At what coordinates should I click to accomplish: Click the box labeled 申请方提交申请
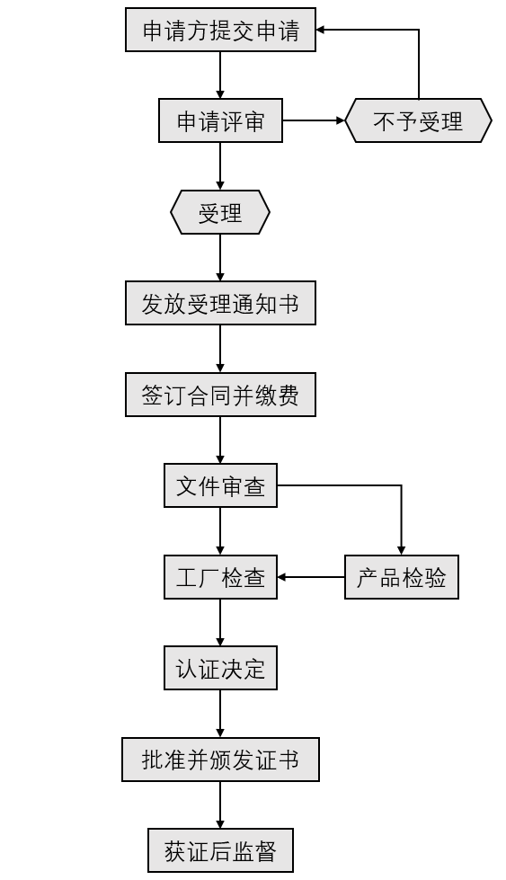tap(220, 30)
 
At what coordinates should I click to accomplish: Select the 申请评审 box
tap(220, 120)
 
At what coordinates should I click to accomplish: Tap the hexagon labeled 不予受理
tap(419, 120)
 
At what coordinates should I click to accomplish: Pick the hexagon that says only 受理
tap(220, 212)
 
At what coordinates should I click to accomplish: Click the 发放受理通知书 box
tap(220, 303)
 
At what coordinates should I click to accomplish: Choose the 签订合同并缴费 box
tap(220, 395)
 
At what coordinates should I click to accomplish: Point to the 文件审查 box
tap(220, 485)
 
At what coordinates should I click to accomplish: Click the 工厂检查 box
tap(220, 577)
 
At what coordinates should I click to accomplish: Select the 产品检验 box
tap(402, 577)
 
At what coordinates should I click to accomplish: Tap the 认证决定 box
tap(220, 668)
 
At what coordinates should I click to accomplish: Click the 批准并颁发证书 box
tap(220, 760)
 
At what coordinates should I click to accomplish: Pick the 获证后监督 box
tap(220, 850)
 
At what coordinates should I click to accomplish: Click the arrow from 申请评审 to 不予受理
tap(314, 120)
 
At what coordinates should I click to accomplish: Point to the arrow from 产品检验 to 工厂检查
tap(311, 577)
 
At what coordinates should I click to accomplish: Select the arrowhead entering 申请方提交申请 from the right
tap(321, 30)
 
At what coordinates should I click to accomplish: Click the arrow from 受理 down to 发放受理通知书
tap(220, 258)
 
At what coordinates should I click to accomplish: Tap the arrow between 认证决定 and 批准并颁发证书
tap(220, 714)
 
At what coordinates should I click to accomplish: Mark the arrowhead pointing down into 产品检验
tap(401, 550)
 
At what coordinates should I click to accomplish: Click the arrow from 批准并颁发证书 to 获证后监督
tap(220, 804)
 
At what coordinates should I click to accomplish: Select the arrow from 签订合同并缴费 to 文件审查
tap(220, 440)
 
